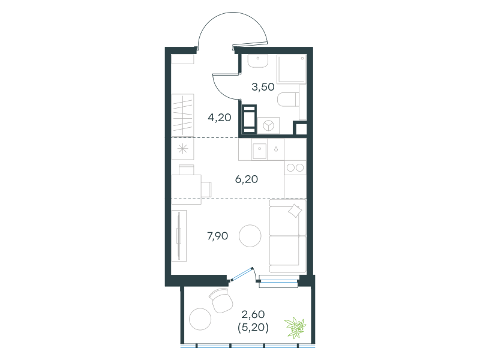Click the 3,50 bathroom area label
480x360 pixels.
pos(263,87)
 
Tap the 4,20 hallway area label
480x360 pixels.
pos(220,117)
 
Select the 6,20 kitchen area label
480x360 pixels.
pos(247,179)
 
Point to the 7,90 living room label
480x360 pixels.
pos(218,236)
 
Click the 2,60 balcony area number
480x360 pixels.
pos(253,314)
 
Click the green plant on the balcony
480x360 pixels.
pos(295,328)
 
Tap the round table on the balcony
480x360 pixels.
pos(200,319)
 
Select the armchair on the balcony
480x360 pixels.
pos(220,301)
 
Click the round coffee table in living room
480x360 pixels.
pos(250,236)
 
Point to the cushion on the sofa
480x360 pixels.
pos(295,211)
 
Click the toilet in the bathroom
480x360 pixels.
pos(288,99)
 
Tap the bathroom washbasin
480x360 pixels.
pos(258,61)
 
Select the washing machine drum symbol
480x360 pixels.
pos(269,125)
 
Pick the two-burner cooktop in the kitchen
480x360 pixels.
pos(295,168)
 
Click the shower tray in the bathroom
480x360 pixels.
pos(291,69)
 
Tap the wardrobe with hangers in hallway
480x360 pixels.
pos(183,115)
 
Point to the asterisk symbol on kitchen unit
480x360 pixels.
pos(182,149)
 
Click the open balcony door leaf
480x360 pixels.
pos(242,274)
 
